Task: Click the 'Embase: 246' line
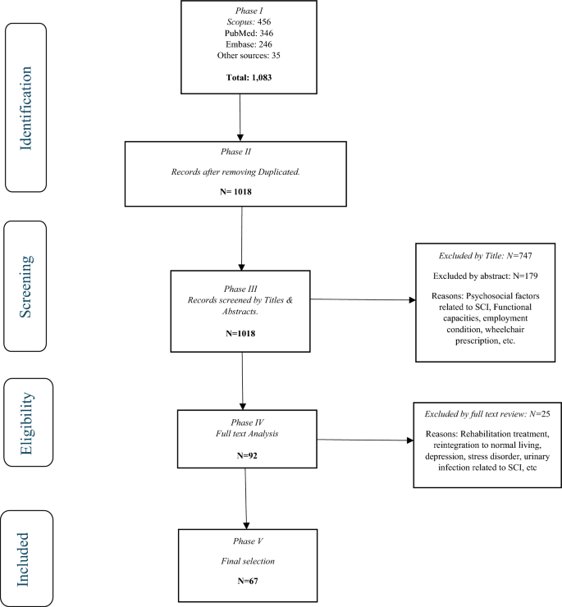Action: pos(239,47)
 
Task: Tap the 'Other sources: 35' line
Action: pos(239,58)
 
